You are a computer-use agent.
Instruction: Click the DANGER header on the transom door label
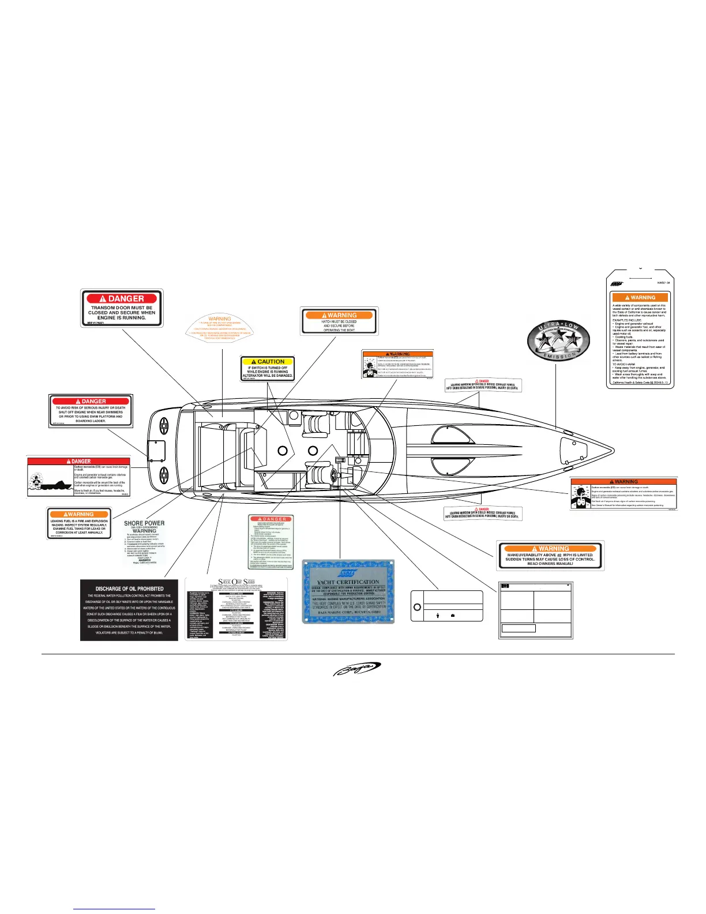tap(122, 298)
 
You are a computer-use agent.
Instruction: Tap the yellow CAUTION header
tap(268, 362)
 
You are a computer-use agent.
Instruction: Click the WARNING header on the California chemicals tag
tap(640, 298)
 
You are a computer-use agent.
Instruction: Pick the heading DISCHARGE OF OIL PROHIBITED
tap(129, 589)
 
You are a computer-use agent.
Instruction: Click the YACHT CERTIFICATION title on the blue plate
tap(348, 582)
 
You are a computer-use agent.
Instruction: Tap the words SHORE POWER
tap(144, 523)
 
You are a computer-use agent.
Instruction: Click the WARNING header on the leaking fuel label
tap(78, 514)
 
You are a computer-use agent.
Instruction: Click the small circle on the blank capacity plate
tap(418, 608)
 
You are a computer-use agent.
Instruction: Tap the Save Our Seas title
tap(236, 582)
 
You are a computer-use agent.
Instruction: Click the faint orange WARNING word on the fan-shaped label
tap(220, 319)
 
